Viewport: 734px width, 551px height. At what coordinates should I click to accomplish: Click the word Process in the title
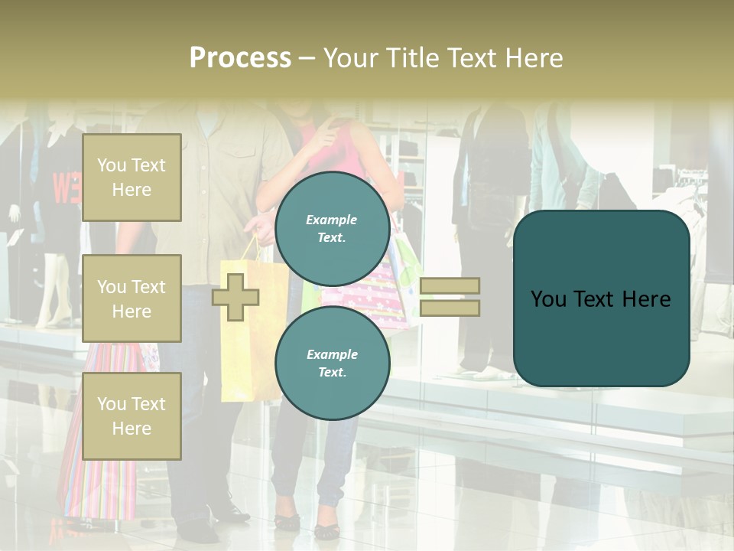240,58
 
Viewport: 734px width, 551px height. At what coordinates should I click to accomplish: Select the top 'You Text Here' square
132,178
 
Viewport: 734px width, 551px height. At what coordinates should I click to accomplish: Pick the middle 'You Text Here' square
132,298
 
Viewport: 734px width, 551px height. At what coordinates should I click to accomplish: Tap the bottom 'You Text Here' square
132,416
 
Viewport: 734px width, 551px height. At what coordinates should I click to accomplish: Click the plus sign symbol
235,297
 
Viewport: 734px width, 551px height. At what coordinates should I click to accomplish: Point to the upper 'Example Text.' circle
333,229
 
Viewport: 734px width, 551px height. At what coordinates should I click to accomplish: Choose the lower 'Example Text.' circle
333,364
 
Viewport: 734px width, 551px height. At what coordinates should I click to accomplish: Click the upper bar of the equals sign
450,285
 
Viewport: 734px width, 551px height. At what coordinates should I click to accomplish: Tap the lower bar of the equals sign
450,308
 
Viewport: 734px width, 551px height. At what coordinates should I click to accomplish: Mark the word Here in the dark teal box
646,299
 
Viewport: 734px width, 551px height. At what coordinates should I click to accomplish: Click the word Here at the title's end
534,58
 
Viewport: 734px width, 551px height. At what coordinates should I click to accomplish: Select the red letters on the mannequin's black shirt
64,188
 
